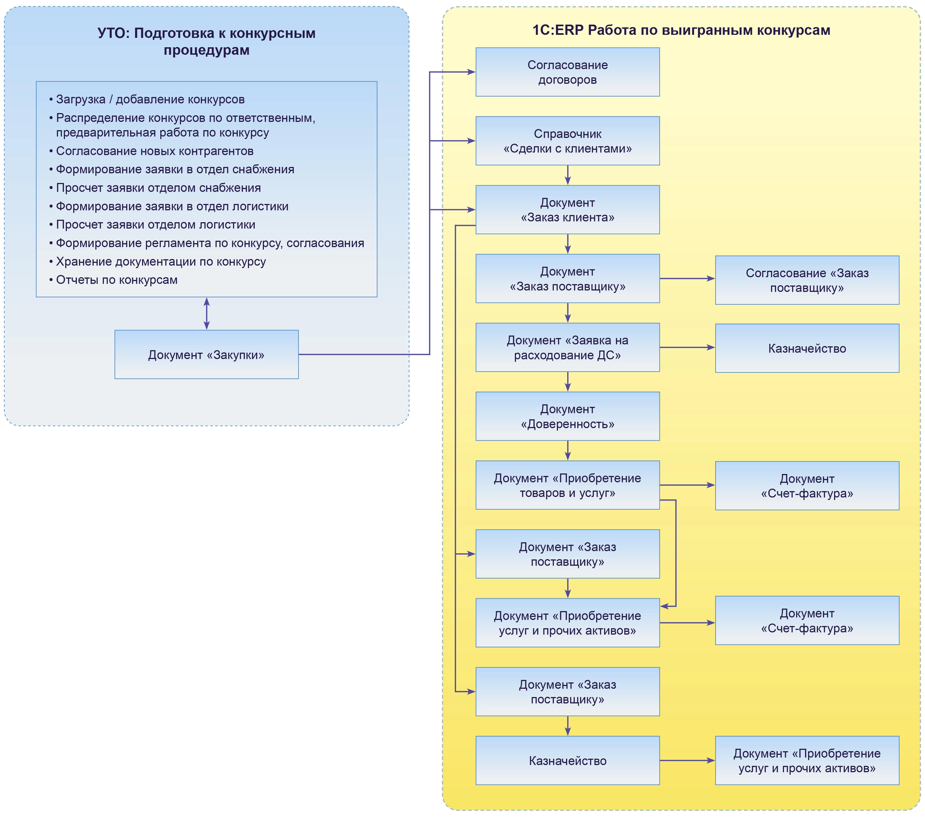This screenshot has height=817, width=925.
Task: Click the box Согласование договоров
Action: pos(567,72)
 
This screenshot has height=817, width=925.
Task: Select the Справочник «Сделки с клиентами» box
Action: pos(567,141)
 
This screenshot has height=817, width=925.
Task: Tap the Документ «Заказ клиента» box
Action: pos(567,210)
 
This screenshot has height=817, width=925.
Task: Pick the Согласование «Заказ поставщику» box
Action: pos(807,280)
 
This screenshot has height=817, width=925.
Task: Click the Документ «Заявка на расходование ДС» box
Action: pos(567,347)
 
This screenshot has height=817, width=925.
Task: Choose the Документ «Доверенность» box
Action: pos(567,416)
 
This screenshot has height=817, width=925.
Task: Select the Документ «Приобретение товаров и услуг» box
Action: pos(567,485)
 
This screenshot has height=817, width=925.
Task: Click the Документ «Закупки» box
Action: pos(206,354)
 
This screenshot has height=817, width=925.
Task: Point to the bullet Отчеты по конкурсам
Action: pos(116,280)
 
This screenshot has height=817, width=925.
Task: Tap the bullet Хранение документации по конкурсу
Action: pos(161,261)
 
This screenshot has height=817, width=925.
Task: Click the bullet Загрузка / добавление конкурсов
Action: pos(150,99)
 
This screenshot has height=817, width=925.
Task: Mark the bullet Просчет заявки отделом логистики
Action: pos(155,224)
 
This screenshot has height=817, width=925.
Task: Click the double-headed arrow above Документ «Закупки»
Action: pos(206,313)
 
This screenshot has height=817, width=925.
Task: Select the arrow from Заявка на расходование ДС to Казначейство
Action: pos(687,347)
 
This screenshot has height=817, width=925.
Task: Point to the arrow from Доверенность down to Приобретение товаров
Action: pos(567,450)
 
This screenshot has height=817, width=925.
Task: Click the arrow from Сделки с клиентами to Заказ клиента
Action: pos(567,175)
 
